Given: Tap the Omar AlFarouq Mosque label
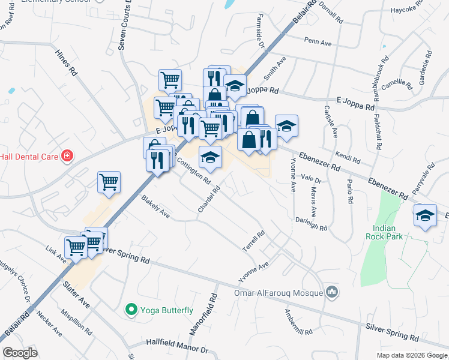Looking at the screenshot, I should [278, 293].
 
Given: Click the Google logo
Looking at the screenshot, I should [20, 353].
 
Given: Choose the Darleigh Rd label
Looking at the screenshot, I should [312, 224].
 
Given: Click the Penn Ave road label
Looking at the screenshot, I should [318, 43].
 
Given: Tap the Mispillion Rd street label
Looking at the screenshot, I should [76, 322].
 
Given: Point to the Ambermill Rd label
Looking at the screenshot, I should [298, 323].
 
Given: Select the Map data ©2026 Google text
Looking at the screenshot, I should [411, 355].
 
